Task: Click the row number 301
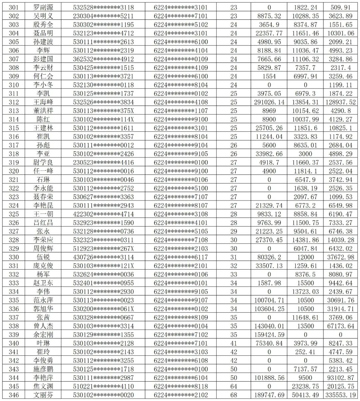click(14, 7)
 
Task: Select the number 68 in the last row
click(234, 395)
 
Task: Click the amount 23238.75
click(306, 386)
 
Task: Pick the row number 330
click(14, 257)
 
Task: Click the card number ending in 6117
click(181, 257)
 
